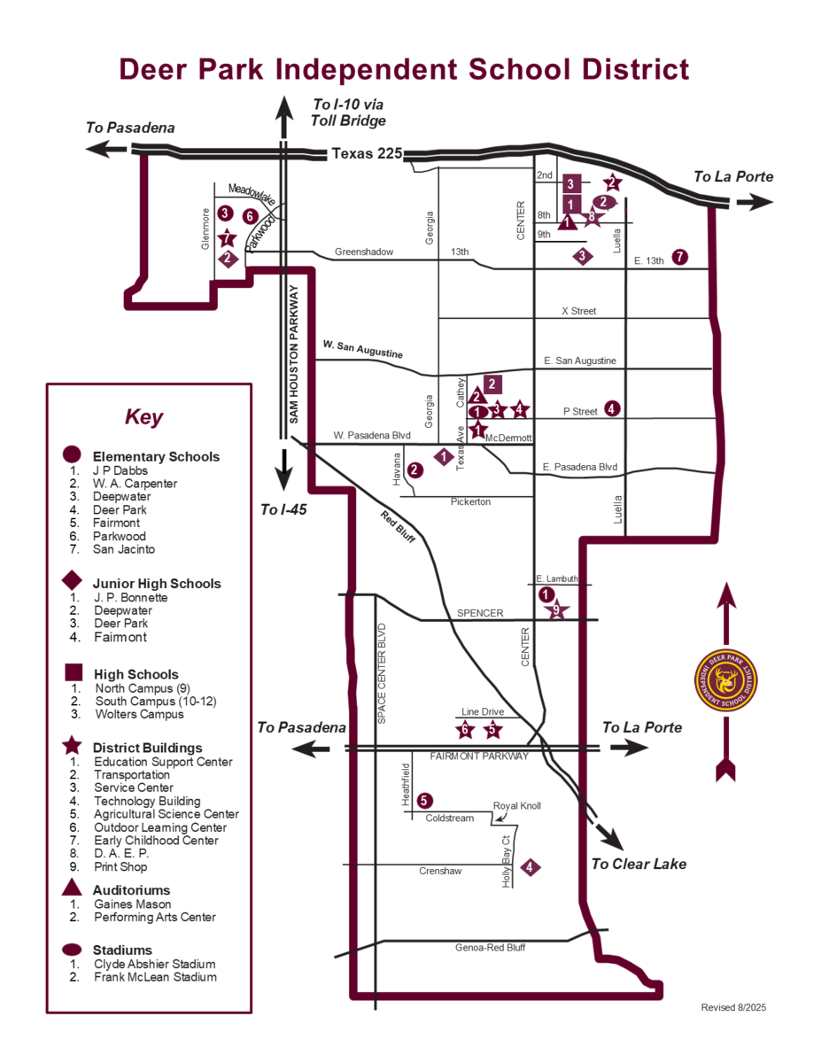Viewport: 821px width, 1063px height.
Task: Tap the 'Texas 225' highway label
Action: [367, 153]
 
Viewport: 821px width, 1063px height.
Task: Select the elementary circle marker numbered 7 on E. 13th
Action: [679, 257]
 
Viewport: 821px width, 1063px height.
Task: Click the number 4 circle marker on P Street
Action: [612, 408]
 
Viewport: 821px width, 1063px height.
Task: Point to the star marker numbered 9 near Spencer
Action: [556, 609]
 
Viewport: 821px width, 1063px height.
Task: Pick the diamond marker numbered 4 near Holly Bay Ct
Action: [530, 867]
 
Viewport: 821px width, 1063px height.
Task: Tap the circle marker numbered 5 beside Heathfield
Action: [425, 800]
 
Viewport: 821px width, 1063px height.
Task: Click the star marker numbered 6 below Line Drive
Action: [466, 730]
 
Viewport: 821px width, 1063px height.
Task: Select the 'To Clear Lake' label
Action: [638, 864]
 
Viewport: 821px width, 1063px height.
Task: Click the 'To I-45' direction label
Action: [283, 509]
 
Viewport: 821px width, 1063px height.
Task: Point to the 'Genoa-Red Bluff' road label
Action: [491, 948]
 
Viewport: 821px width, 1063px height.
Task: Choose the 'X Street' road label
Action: [579, 311]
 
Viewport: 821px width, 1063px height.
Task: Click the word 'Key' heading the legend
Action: [144, 416]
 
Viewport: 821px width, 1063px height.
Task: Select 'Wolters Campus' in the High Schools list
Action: [139, 714]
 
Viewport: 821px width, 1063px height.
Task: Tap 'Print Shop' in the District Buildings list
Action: [120, 867]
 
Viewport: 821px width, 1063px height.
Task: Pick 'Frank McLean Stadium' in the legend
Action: [155, 977]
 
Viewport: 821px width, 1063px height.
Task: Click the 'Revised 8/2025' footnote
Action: [733, 1007]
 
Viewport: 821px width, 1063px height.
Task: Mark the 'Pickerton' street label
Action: [470, 502]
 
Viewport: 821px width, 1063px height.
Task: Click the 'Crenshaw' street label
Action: [440, 872]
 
